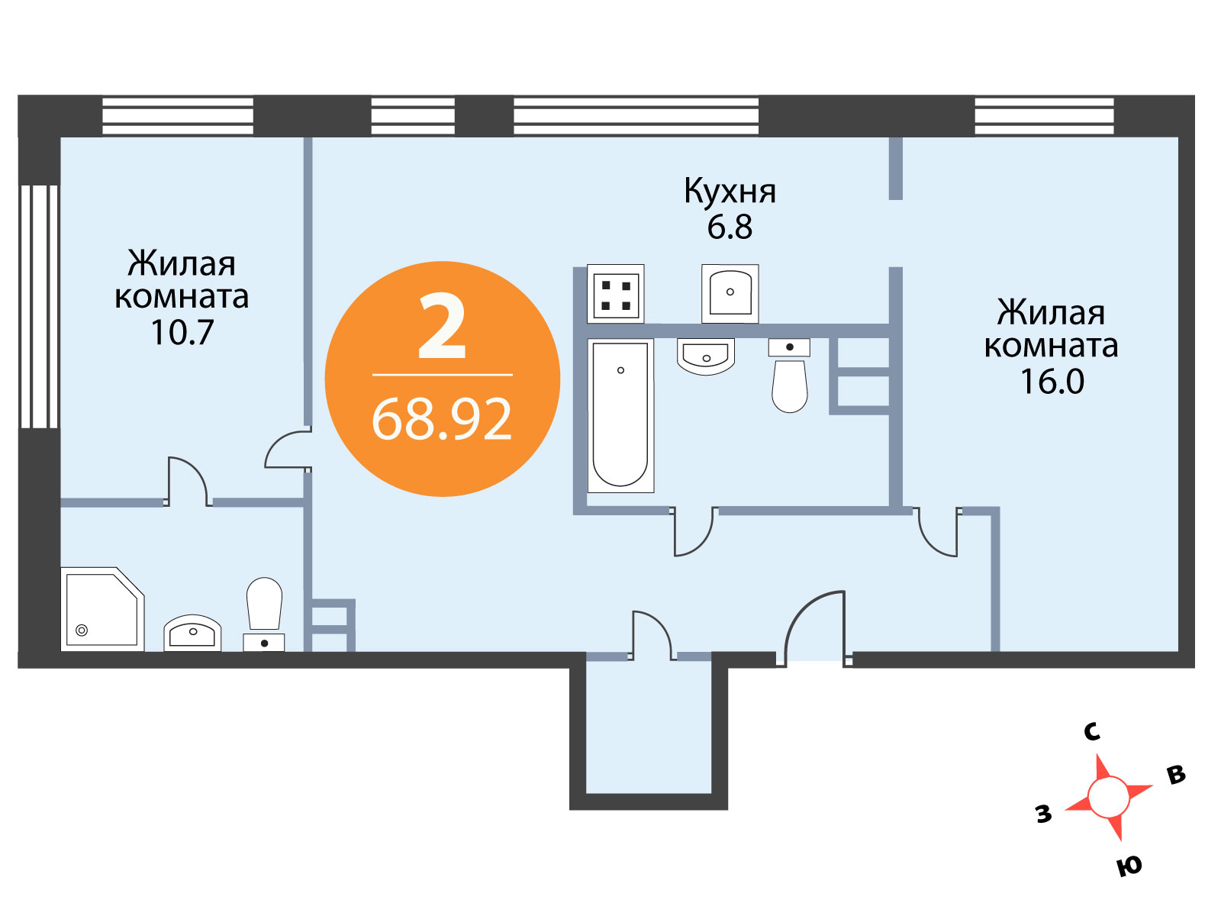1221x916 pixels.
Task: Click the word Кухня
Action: [x=730, y=192]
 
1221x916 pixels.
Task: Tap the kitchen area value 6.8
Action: [x=730, y=227]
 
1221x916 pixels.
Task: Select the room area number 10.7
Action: [x=182, y=333]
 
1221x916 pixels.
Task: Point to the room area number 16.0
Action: [x=1052, y=382]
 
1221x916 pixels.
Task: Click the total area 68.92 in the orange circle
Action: [x=442, y=419]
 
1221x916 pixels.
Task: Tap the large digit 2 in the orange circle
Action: [x=442, y=327]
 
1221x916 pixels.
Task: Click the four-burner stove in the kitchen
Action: [x=615, y=294]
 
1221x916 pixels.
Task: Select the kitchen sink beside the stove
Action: [x=730, y=294]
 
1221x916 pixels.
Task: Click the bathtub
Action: [x=620, y=415]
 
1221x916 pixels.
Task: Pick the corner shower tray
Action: [x=102, y=609]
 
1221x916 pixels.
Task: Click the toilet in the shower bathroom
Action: [x=264, y=614]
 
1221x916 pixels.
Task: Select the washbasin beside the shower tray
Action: [x=192, y=633]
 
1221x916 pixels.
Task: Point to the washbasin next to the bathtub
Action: [x=706, y=356]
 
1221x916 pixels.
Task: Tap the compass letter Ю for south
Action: [x=1129, y=866]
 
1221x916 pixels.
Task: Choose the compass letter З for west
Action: [x=1044, y=813]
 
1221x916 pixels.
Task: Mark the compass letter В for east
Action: [x=1176, y=775]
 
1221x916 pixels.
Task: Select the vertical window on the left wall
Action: [x=40, y=307]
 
